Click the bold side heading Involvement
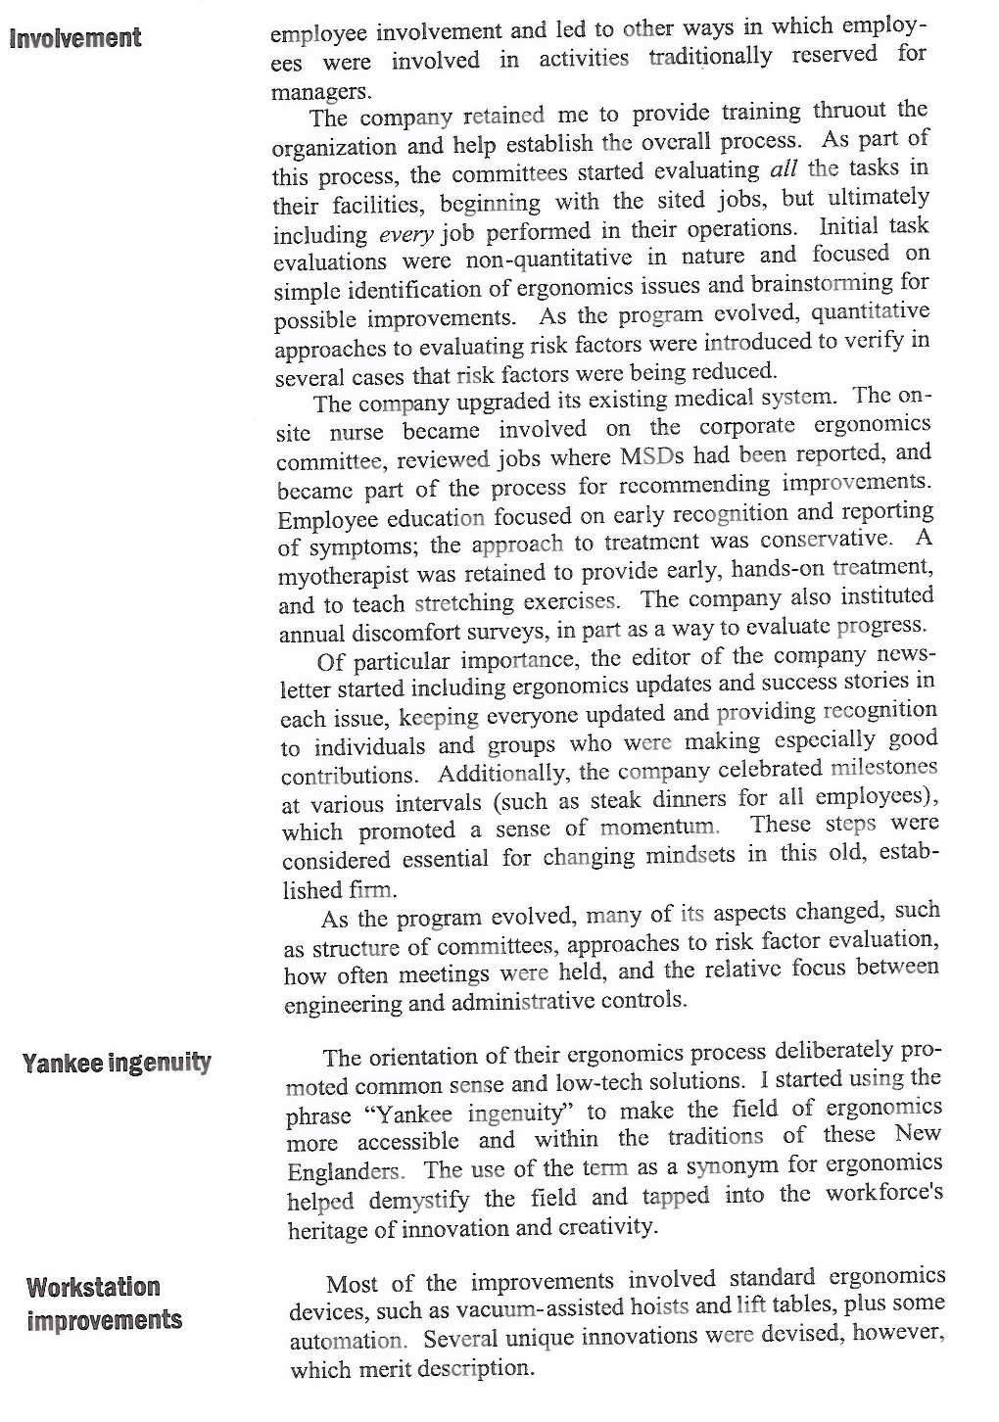[x=74, y=39]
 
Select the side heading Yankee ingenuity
[x=117, y=1063]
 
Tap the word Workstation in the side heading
[x=93, y=1287]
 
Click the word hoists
[x=659, y=1306]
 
